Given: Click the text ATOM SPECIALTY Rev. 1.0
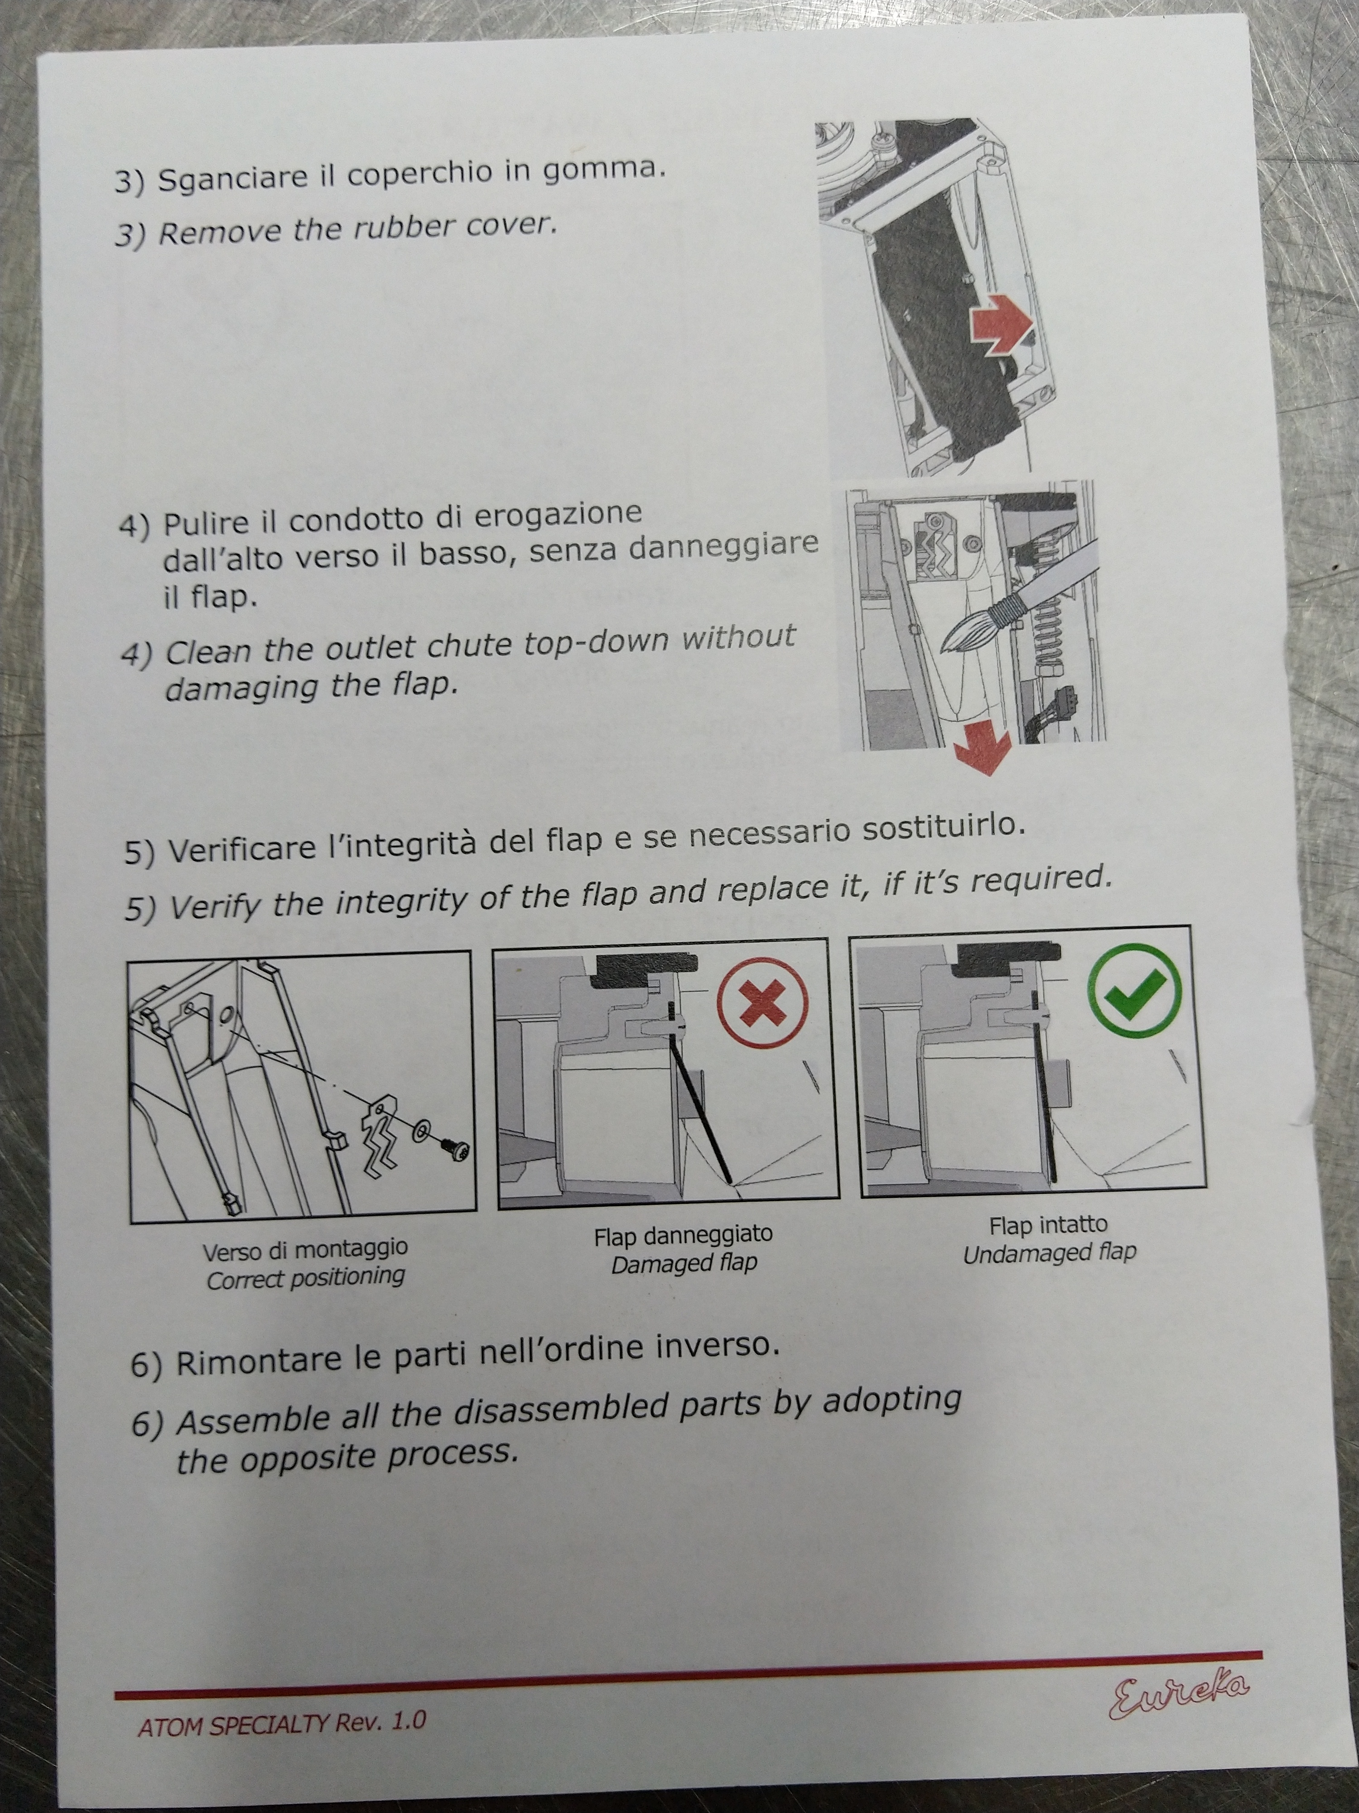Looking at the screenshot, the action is pos(282,1723).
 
